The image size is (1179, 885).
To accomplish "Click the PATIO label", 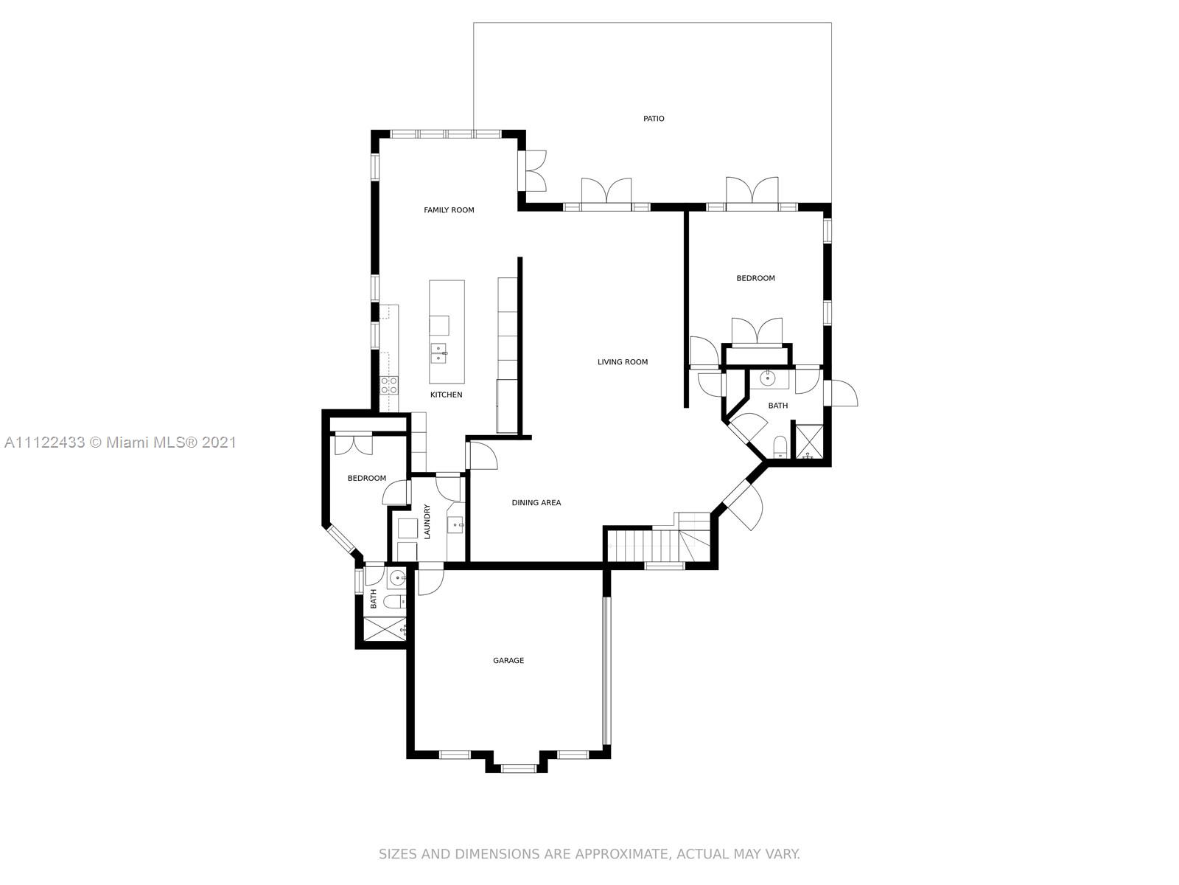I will pos(654,119).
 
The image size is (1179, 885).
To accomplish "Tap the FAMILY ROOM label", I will pos(449,210).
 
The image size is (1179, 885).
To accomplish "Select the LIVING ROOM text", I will pos(623,362).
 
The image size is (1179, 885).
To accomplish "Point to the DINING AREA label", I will pos(536,503).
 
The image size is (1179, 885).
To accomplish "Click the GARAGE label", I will pos(508,661).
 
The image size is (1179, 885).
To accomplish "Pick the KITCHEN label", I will pos(447,395).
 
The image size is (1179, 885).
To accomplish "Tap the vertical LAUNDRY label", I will pos(427,521).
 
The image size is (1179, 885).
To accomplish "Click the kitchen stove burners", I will pos(388,384).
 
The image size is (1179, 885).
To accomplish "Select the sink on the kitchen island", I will pos(439,352).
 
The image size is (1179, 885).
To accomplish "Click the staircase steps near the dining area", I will pos(640,546).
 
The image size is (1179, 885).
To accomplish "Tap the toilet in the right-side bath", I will pos(780,447).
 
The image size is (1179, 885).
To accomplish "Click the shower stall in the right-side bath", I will pos(809,443).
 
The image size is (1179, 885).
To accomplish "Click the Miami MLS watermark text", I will pos(119,442).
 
